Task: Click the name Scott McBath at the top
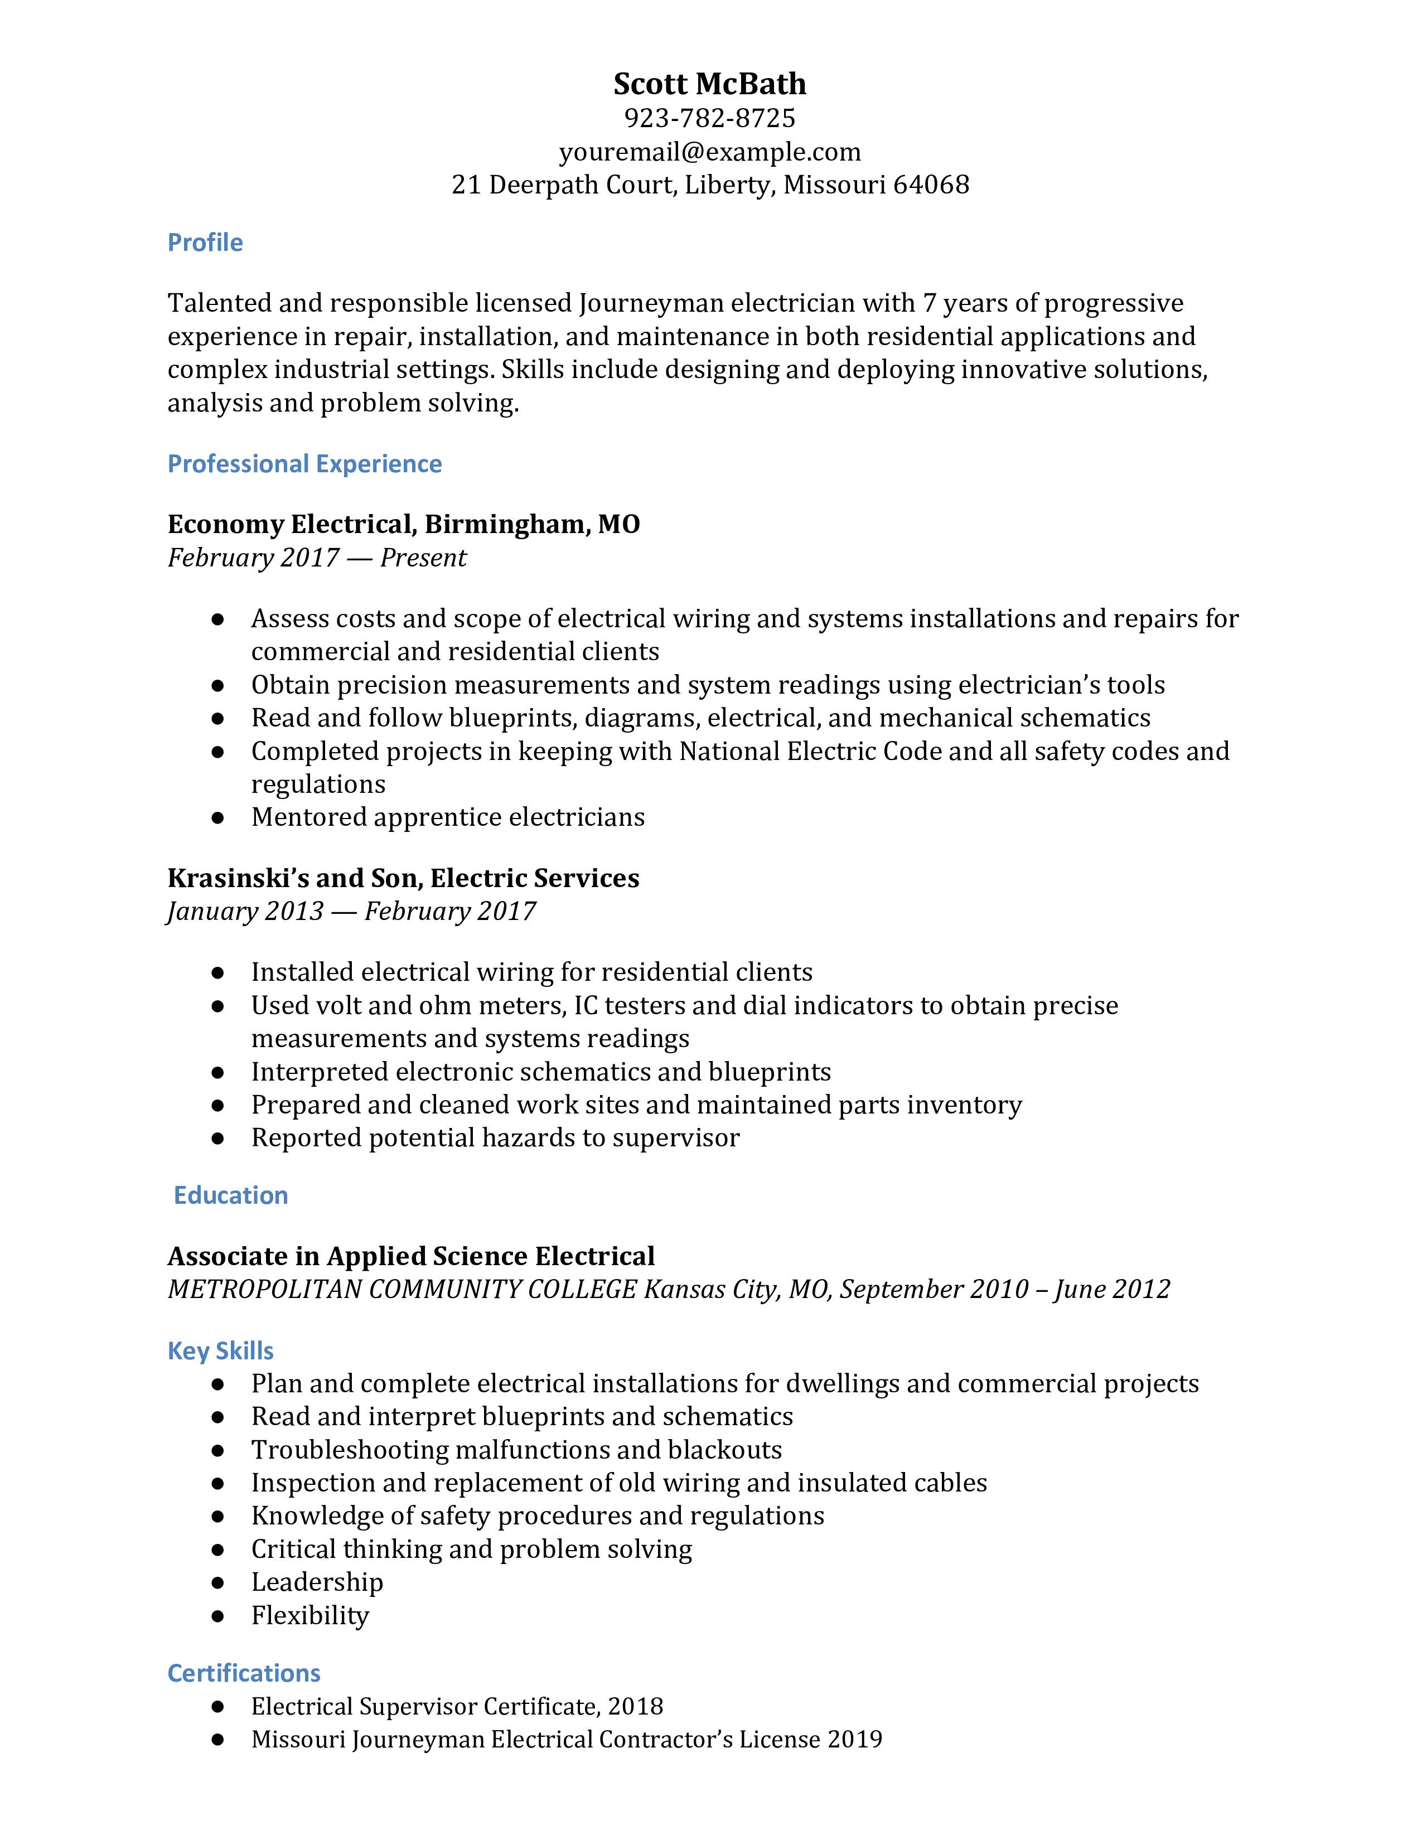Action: pos(709,84)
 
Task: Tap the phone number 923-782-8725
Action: pos(709,118)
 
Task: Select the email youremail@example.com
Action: pos(709,152)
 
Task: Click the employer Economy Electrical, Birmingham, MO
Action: pos(404,524)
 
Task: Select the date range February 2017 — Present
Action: pos(317,558)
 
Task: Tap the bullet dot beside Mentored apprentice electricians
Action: pos(218,817)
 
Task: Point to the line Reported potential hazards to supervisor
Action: pos(495,1138)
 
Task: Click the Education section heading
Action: pos(231,1195)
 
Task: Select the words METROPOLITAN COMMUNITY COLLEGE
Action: pos(402,1290)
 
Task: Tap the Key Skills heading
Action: pos(221,1352)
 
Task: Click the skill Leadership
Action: pos(317,1583)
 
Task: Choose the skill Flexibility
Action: pos(310,1616)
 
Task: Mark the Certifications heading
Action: pos(244,1673)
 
